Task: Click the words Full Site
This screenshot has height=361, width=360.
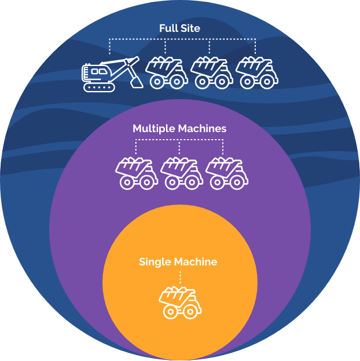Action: coord(179,28)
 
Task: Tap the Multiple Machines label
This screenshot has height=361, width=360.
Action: coord(179,128)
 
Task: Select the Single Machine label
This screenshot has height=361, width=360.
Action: coord(178,262)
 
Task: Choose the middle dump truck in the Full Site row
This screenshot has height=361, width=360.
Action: coord(211,72)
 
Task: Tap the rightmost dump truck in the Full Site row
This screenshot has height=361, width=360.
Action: coord(255,72)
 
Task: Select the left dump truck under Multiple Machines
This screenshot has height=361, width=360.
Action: coord(136,173)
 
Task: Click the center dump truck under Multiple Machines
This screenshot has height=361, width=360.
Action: coord(180,173)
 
